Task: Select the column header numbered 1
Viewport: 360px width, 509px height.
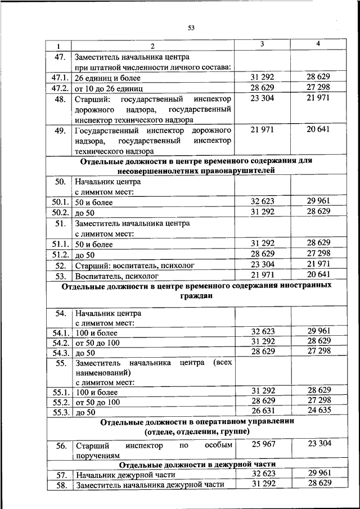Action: [x=58, y=46]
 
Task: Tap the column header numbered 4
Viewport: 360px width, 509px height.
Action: [x=318, y=44]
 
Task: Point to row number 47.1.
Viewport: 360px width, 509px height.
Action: [x=60, y=78]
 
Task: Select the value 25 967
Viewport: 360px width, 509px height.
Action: [x=262, y=444]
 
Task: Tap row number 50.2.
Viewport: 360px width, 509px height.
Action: [x=60, y=213]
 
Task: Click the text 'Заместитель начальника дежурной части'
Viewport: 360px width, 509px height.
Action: [x=150, y=484]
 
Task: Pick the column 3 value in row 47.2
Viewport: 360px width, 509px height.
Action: [x=262, y=88]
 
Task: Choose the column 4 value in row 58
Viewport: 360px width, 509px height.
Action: [x=319, y=483]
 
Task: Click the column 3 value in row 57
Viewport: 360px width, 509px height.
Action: [x=262, y=474]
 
